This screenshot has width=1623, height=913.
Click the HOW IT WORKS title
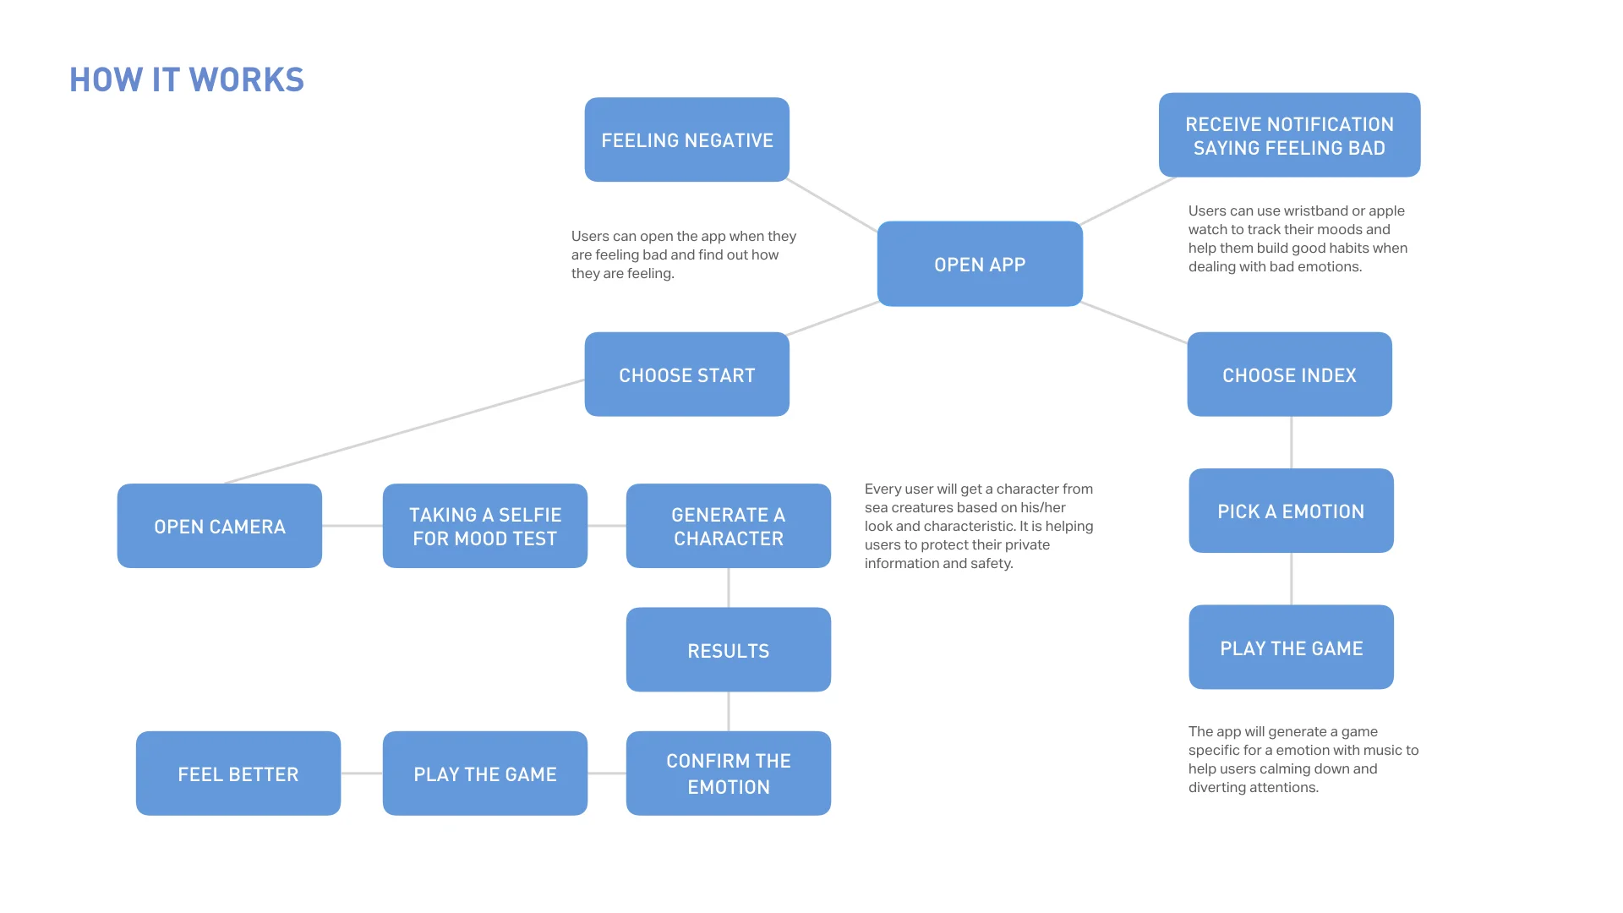187,79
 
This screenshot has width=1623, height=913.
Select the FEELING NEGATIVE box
686,139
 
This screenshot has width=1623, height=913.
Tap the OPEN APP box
980,264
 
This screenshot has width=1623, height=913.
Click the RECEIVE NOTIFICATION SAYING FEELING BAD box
1289,135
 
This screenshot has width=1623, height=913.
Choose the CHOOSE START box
686,374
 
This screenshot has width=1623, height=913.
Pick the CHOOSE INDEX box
1289,374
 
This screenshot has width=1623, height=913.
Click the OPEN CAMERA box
219,526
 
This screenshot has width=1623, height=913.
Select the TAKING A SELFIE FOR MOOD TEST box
484,526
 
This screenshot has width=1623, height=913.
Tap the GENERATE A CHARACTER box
728,526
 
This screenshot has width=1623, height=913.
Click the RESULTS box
728,650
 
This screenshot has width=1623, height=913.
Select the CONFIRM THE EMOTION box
728,774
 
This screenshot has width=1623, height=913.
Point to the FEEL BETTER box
238,774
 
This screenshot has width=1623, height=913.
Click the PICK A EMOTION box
1291,511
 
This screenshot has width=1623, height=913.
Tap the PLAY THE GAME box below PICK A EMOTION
1291,648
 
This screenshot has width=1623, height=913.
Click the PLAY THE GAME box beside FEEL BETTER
484,774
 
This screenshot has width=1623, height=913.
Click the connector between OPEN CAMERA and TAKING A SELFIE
352,526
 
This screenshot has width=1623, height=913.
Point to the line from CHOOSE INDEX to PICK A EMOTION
1291,442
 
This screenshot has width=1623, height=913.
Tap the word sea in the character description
876,507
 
